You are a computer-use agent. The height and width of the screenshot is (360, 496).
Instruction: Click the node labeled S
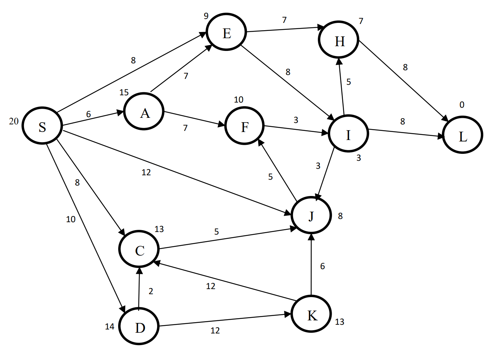pyautogui.click(x=42, y=126)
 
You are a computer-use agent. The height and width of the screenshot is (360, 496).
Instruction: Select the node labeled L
pyautogui.click(x=462, y=135)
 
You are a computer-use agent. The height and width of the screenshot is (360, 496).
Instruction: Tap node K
pyautogui.click(x=311, y=314)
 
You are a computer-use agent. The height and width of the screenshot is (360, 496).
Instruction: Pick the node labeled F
pyautogui.click(x=244, y=126)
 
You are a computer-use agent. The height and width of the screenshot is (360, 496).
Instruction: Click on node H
pyautogui.click(x=339, y=40)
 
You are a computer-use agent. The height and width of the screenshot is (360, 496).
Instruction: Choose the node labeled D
pyautogui.click(x=139, y=327)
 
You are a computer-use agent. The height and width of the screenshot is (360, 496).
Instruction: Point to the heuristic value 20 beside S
pyautogui.click(x=14, y=121)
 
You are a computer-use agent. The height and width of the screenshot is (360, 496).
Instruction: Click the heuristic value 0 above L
pyautogui.click(x=462, y=105)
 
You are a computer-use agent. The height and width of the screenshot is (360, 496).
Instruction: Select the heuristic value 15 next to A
pyautogui.click(x=124, y=92)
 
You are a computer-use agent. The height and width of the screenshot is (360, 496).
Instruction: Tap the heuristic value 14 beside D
pyautogui.click(x=109, y=327)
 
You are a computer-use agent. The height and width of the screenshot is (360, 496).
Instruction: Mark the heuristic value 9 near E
pyautogui.click(x=206, y=16)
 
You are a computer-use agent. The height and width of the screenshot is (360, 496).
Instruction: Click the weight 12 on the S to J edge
pyautogui.click(x=146, y=172)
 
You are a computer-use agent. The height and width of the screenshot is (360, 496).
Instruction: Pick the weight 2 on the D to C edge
pyautogui.click(x=151, y=291)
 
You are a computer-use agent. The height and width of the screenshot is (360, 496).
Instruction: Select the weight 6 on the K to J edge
pyautogui.click(x=323, y=266)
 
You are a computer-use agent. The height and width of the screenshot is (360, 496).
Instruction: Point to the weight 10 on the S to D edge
pyautogui.click(x=71, y=219)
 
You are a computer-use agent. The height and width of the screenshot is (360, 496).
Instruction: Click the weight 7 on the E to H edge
pyautogui.click(x=284, y=20)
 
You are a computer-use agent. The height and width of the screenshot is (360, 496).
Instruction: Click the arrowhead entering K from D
pyautogui.click(x=287, y=315)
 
